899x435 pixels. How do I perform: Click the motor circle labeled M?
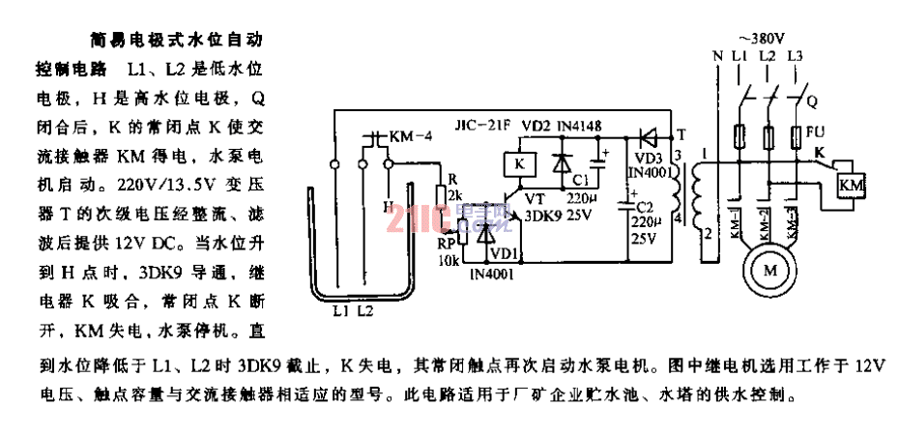pyautogui.click(x=770, y=271)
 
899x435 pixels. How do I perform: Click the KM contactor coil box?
pyautogui.click(x=851, y=184)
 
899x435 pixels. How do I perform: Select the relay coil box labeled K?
pyautogui.click(x=518, y=164)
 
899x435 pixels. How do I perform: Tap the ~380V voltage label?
pyautogui.click(x=766, y=37)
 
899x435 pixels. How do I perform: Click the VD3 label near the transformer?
pyautogui.click(x=649, y=156)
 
